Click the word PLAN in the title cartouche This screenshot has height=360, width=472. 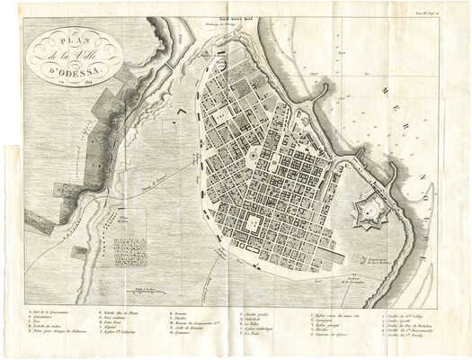coord(63,41)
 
